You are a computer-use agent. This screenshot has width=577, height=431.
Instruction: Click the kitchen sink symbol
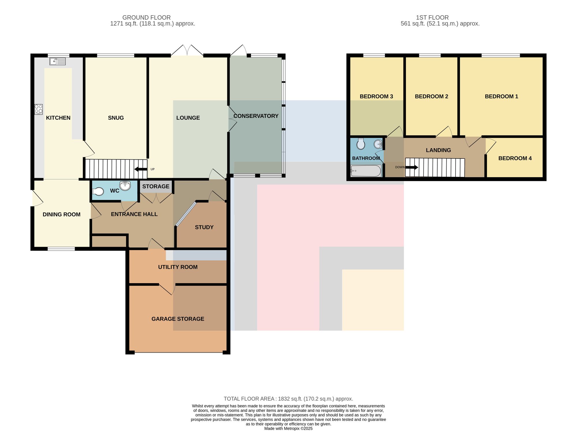tap(57, 61)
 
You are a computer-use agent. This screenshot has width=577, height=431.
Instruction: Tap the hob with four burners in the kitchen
tap(39, 109)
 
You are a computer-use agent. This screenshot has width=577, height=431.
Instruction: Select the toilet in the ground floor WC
tap(98, 192)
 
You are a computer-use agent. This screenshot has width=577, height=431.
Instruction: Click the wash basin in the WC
tap(125, 186)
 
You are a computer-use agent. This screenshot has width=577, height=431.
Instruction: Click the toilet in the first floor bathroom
tap(361, 143)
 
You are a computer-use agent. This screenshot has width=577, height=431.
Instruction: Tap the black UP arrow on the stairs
tap(141, 169)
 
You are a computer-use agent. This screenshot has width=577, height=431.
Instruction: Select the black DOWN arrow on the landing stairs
tap(412, 167)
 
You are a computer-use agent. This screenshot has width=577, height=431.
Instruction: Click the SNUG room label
tap(116, 118)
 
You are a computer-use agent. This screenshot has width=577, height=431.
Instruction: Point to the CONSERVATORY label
tap(256, 116)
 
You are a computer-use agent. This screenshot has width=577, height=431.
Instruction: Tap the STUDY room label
tap(204, 227)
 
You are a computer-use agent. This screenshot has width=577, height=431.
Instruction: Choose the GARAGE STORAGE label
tap(178, 319)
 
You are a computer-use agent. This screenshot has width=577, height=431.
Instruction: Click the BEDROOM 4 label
tap(515, 158)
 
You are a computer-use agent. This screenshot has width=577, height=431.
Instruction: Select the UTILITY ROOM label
tap(178, 267)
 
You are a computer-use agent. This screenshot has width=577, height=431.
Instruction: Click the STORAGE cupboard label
tap(156, 186)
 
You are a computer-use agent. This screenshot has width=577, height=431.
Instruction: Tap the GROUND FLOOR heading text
tap(147, 18)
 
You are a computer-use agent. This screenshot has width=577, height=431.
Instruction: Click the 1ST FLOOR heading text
tap(432, 18)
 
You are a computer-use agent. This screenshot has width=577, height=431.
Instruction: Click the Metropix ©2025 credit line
tap(288, 429)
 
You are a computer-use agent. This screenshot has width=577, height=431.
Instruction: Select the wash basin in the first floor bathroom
tap(378, 144)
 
